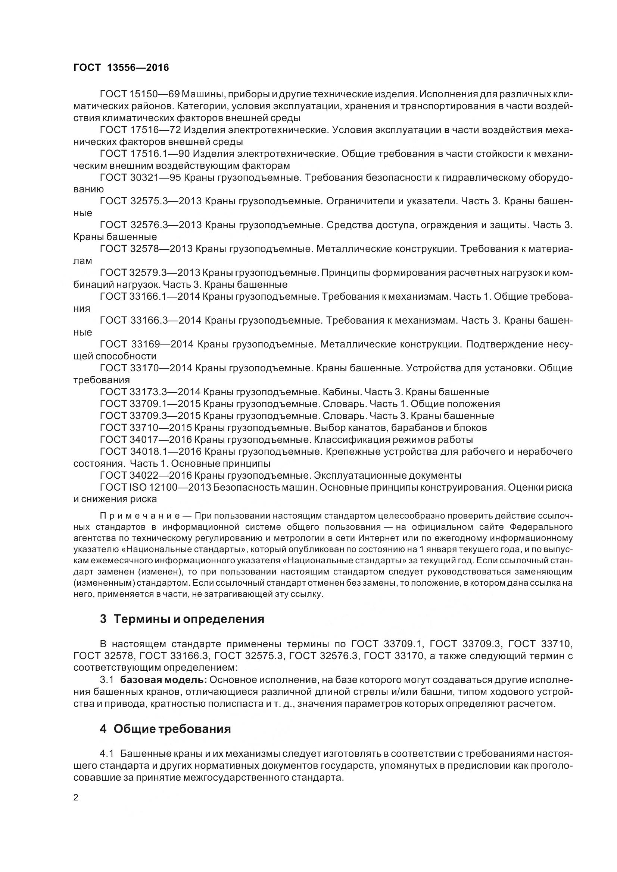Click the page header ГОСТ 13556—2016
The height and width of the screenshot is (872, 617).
tap(121, 67)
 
